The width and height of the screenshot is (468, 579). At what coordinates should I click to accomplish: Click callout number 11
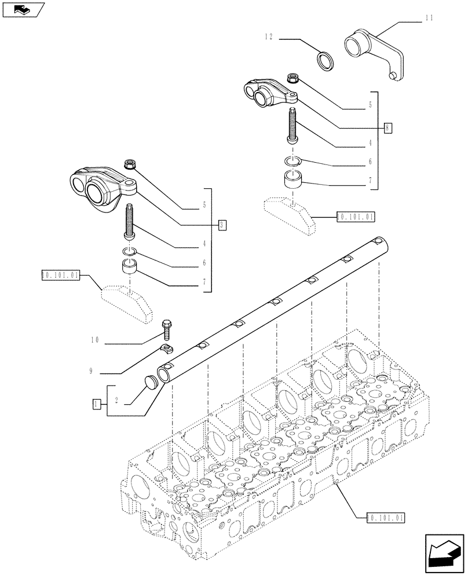[x=429, y=19]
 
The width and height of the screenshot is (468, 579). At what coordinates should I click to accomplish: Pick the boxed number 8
[x=387, y=127]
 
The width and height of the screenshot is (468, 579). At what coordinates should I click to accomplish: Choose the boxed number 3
[x=222, y=224]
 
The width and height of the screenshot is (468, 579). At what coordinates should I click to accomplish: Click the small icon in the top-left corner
[x=24, y=10]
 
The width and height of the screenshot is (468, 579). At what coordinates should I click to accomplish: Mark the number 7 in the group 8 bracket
[x=370, y=181]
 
